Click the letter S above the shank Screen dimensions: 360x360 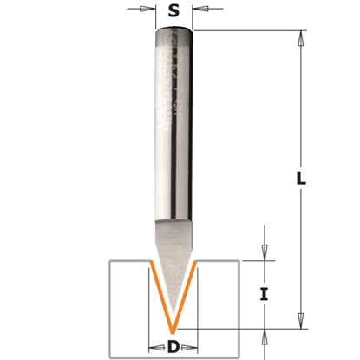click(x=174, y=13)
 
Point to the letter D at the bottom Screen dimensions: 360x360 click(x=173, y=348)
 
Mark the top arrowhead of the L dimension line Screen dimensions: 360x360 click(x=301, y=36)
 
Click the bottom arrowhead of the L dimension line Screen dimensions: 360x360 click(x=301, y=325)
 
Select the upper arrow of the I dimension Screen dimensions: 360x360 click(x=265, y=256)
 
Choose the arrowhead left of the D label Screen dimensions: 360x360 click(x=153, y=347)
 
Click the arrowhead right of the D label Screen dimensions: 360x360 click(x=195, y=347)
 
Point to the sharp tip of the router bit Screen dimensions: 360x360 click(x=174, y=331)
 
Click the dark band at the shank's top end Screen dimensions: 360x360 click(x=174, y=36)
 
